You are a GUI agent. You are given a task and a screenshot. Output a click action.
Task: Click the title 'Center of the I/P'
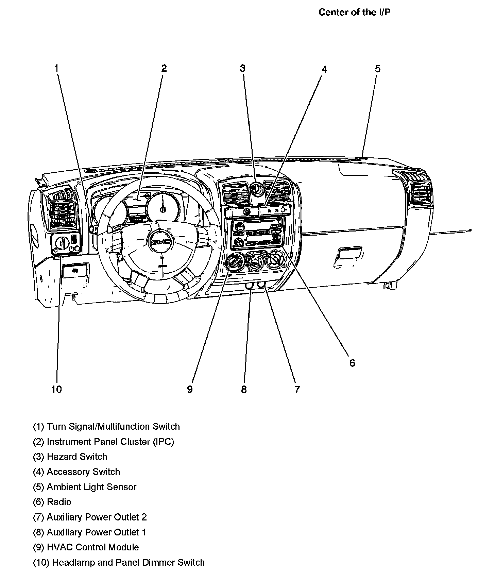coord(355,12)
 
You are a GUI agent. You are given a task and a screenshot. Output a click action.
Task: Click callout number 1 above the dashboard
coord(57,68)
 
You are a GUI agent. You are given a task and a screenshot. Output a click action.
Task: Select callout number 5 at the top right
coord(378,69)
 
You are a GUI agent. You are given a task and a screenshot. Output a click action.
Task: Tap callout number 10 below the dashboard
coord(56,389)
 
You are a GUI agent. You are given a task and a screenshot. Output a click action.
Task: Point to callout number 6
coord(352,363)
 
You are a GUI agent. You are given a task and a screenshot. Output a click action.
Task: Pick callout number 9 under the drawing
coord(190,389)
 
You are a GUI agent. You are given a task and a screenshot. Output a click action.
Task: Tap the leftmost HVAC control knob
coord(234,262)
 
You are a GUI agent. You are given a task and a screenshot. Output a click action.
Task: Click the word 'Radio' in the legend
coord(59,502)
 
